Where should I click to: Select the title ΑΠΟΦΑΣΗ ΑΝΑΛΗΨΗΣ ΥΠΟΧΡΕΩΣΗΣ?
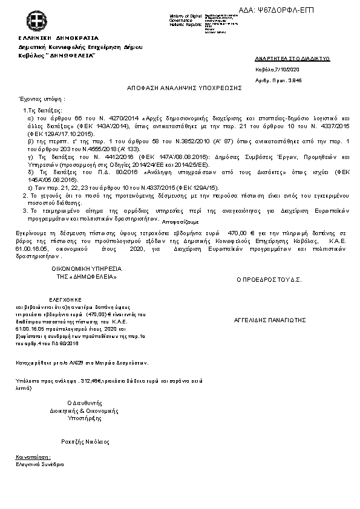(x=184, y=88)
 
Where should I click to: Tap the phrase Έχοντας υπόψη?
(x=42, y=98)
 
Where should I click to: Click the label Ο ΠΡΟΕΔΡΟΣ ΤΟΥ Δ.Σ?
(x=269, y=280)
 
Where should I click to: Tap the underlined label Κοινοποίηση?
(x=33, y=458)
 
